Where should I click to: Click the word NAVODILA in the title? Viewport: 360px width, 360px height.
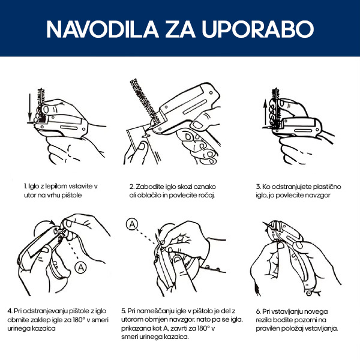tap(103, 29)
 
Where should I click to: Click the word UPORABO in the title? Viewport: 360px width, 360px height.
tap(258, 29)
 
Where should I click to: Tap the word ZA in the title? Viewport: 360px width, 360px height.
tap(181, 29)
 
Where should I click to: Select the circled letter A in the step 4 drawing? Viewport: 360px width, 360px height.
tap(81, 268)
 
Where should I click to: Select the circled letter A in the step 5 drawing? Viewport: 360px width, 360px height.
tap(132, 224)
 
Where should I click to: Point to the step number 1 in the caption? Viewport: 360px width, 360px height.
tap(25, 186)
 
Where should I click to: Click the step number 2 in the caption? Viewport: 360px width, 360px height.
tap(131, 187)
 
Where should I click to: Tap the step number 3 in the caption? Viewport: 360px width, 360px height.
tap(258, 187)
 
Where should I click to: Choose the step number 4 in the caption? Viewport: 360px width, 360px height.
tap(10, 311)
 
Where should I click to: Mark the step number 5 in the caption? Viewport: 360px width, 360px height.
tap(124, 311)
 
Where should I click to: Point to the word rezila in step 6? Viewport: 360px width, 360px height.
tap(264, 320)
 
